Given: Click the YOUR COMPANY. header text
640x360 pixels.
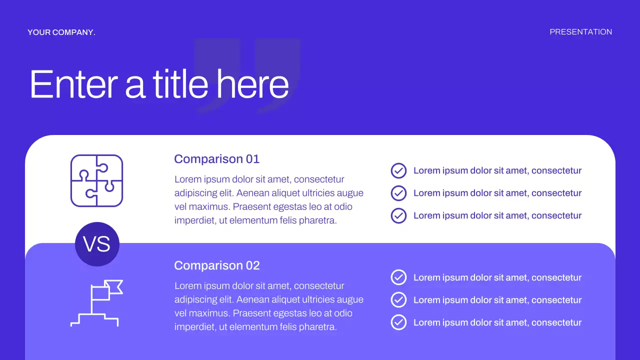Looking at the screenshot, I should [x=61, y=32].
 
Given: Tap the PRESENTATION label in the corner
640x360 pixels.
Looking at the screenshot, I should [x=580, y=32].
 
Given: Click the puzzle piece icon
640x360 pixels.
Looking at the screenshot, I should [x=96, y=180].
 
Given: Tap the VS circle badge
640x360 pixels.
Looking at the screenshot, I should [x=97, y=244].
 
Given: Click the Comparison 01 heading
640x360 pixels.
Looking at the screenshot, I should [x=216, y=159].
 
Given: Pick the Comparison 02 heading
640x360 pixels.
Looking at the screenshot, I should [x=216, y=265].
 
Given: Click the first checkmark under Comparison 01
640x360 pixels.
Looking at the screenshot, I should [x=398, y=170].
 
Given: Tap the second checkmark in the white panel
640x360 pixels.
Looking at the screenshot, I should [x=398, y=193].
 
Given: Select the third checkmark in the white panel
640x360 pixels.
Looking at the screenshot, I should [x=398, y=215].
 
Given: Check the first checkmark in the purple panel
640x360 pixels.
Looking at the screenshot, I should [x=398, y=277].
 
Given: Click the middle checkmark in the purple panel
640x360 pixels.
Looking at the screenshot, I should [x=398, y=300].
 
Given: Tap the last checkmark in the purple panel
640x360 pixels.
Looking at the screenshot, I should [x=398, y=322].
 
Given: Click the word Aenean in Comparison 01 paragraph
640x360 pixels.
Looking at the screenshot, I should [x=252, y=193].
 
